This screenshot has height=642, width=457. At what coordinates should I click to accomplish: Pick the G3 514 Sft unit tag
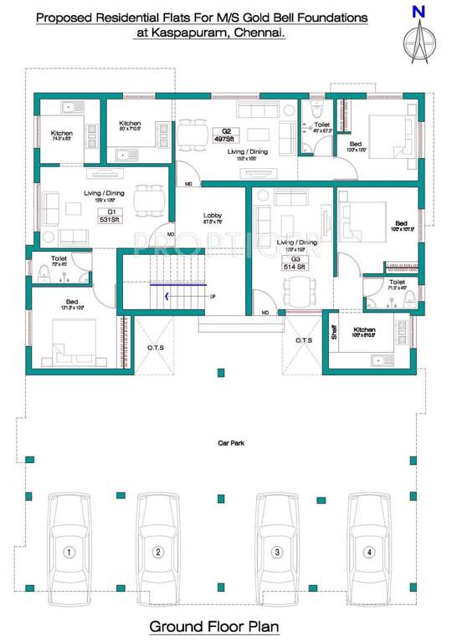click(295, 263)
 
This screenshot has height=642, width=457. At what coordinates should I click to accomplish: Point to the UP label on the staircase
click(213, 296)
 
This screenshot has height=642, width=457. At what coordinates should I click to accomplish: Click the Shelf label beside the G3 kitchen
click(333, 333)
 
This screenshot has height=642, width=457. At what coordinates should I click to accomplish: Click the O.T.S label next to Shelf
click(303, 340)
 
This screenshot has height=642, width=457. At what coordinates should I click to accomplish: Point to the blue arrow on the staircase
click(170, 295)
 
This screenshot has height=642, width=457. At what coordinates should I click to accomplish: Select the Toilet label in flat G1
click(59, 258)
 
